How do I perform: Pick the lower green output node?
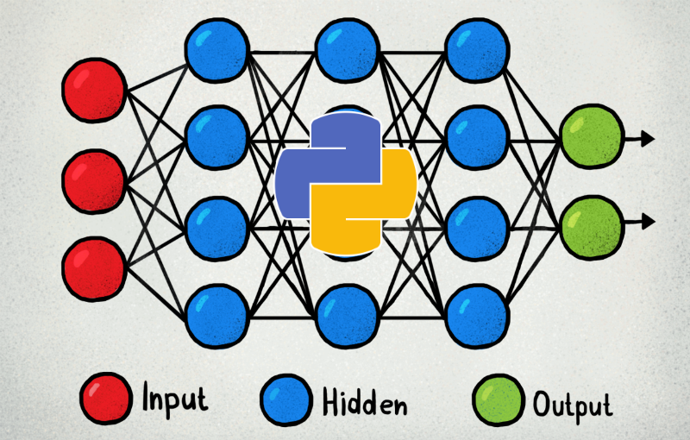coord(591,223)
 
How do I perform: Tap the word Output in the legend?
coord(573,404)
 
